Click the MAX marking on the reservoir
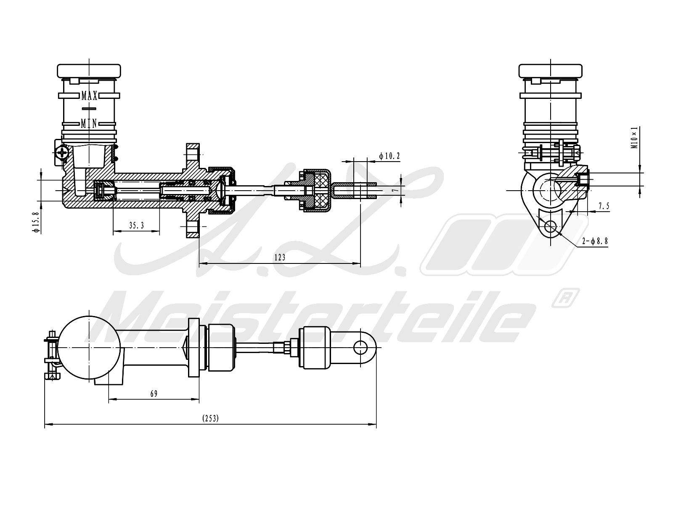[90, 96]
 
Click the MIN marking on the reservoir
[89, 123]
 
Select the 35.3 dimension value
[136, 226]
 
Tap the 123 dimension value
[280, 258]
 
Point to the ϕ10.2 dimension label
[389, 156]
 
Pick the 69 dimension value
[154, 393]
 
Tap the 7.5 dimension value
[604, 206]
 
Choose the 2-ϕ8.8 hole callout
[595, 241]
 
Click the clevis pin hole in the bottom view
[360, 348]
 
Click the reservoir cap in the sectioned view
[89, 71]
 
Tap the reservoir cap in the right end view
[551, 71]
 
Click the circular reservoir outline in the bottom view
[89, 348]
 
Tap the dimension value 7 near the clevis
[394, 190]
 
